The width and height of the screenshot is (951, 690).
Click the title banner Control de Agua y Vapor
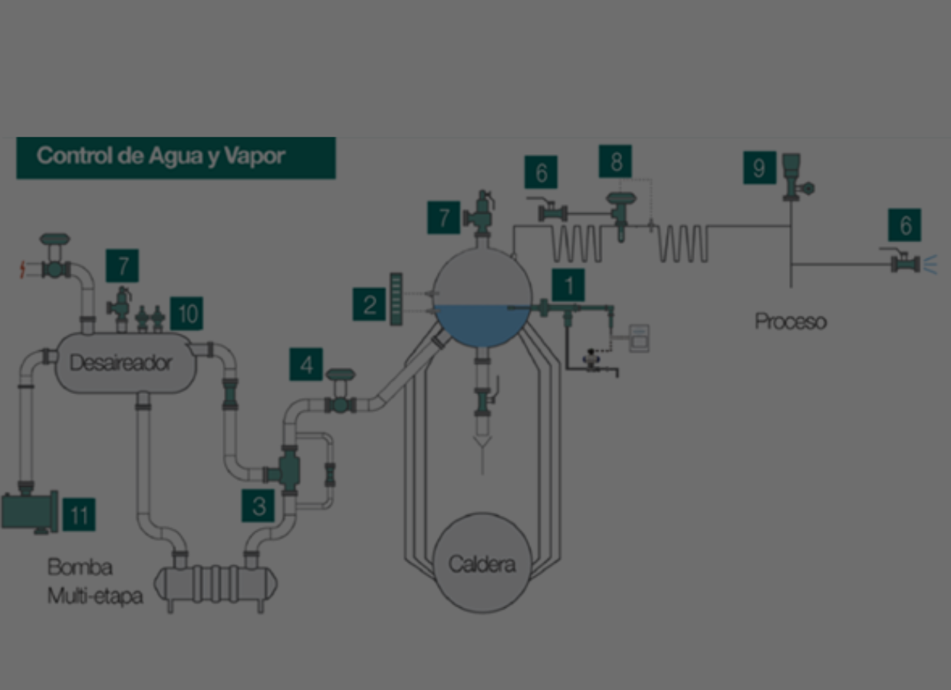pyautogui.click(x=176, y=157)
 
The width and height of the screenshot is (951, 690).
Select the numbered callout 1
pyautogui.click(x=568, y=285)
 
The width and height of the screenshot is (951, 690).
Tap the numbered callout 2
pyautogui.click(x=369, y=305)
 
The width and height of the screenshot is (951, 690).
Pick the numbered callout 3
pyautogui.click(x=258, y=506)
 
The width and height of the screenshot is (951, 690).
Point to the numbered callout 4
pyautogui.click(x=306, y=364)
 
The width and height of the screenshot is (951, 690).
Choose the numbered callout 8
pyautogui.click(x=616, y=161)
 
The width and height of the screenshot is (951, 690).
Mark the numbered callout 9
pyautogui.click(x=759, y=167)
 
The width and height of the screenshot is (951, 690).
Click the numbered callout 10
pyautogui.click(x=186, y=313)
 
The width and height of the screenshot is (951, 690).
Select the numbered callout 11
pyautogui.click(x=79, y=514)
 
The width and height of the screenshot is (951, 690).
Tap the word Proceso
pyautogui.click(x=791, y=321)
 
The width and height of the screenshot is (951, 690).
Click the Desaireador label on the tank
pyautogui.click(x=121, y=363)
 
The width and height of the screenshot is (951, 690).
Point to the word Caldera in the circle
pyautogui.click(x=482, y=565)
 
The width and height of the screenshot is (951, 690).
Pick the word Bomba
pyautogui.click(x=80, y=567)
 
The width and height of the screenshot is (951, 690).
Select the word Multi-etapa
pyautogui.click(x=95, y=596)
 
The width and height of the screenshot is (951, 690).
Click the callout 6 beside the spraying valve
pyautogui.click(x=905, y=225)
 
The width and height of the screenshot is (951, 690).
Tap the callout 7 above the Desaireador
pyautogui.click(x=122, y=266)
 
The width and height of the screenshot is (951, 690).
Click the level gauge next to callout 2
pyautogui.click(x=397, y=299)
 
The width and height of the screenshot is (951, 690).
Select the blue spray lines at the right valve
pyautogui.click(x=930, y=264)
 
